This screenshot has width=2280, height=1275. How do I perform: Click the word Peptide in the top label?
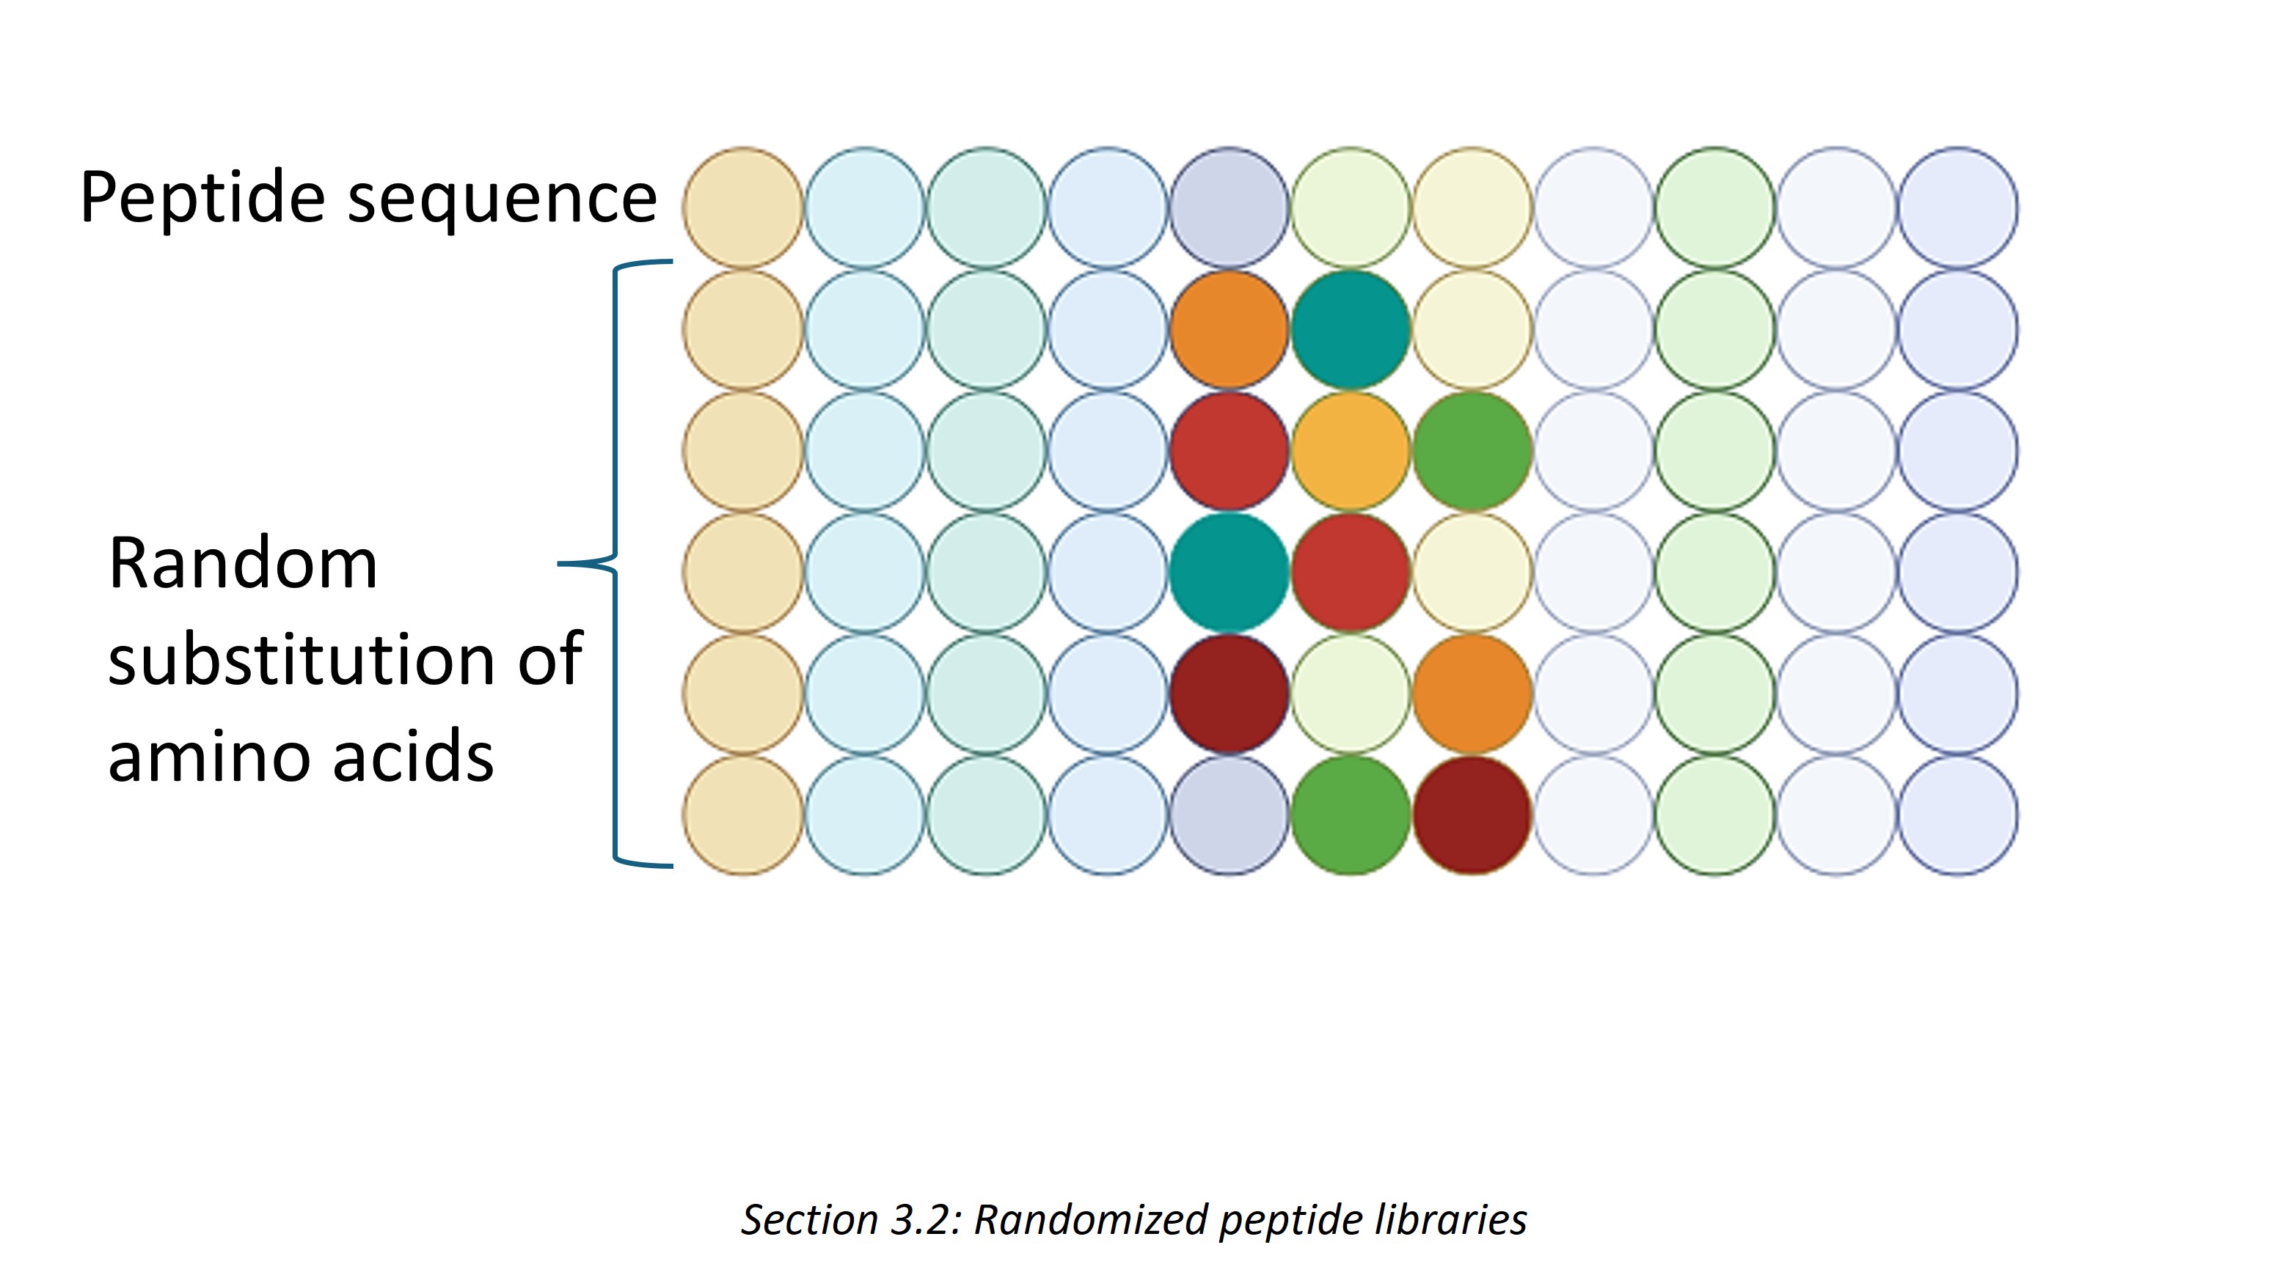point(202,198)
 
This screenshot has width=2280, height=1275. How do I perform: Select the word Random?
point(243,563)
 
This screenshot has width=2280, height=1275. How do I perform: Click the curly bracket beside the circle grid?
point(615,563)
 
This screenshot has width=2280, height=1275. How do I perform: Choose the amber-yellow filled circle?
point(1351,451)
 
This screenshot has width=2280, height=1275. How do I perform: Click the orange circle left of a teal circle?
point(1229,329)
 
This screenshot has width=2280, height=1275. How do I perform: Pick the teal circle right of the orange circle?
point(1351,329)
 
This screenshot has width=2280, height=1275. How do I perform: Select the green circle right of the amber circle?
point(1472,451)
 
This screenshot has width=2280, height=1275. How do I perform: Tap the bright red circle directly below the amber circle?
point(1351,573)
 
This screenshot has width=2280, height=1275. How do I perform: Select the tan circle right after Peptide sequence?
point(743,208)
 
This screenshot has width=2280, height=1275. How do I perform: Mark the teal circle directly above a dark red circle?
point(1229,573)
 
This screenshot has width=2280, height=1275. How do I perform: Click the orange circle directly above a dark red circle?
point(1472,694)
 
